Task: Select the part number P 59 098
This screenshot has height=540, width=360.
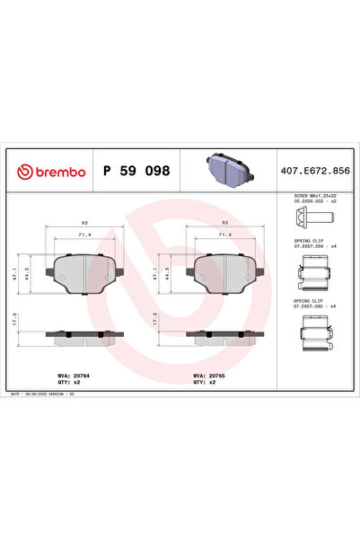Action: pyautogui.click(x=136, y=170)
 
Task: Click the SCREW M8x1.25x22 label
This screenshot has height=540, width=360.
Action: pyautogui.click(x=314, y=197)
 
